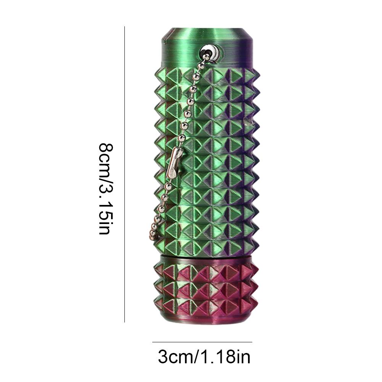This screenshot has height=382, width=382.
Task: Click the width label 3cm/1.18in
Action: [204, 358]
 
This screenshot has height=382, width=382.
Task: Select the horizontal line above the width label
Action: [202, 342]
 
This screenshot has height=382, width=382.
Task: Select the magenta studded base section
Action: [206, 286]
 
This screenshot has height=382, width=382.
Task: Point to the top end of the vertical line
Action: [125, 27]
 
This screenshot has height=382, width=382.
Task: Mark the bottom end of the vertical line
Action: [125, 322]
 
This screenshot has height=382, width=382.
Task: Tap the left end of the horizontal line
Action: [153, 342]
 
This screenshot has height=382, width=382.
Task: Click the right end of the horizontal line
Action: [252, 342]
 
